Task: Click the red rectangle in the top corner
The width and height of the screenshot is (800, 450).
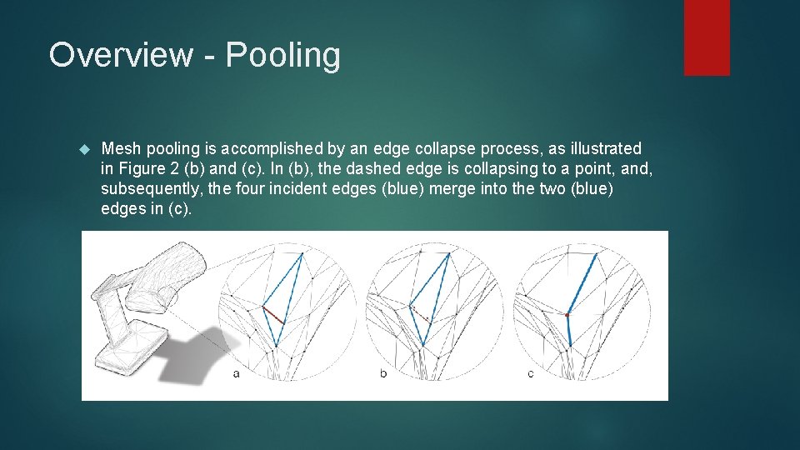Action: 707,37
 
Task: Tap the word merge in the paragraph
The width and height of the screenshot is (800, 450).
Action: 454,189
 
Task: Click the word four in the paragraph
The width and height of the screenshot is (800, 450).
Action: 252,189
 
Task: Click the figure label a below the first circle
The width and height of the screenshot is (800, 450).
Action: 237,373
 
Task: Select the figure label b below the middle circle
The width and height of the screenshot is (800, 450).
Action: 383,373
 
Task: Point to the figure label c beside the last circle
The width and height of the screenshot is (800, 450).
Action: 531,373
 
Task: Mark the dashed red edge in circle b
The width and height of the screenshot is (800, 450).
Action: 421,313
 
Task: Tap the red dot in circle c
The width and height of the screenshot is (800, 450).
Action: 567,316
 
